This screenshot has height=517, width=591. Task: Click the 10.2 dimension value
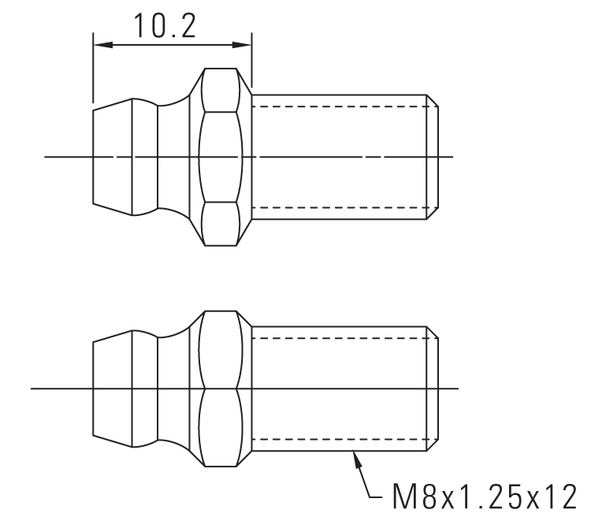[x=165, y=26]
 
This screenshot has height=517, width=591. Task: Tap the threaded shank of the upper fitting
[x=339, y=157]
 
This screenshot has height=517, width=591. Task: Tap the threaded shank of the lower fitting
[x=339, y=389]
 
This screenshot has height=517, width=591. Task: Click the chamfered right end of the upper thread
[x=433, y=157]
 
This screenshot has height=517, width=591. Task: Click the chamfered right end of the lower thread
[x=433, y=389]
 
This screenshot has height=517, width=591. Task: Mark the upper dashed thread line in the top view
[x=339, y=106]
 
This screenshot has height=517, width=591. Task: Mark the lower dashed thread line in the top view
[x=339, y=207]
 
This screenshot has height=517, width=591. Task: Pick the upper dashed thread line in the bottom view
[x=339, y=337]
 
